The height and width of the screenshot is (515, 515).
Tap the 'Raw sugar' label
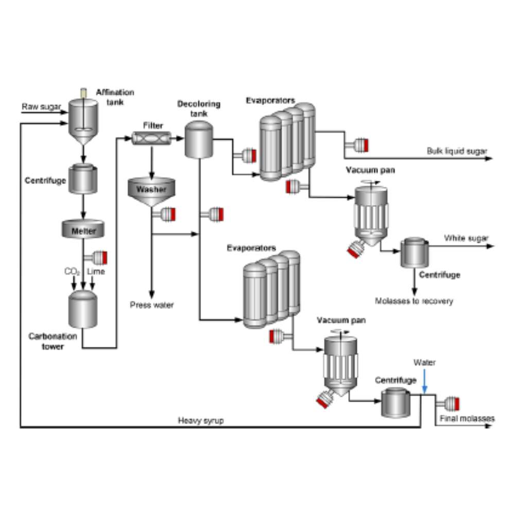click(x=41, y=107)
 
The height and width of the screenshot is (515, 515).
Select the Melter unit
click(x=83, y=230)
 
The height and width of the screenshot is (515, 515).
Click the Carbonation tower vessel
click(x=82, y=308)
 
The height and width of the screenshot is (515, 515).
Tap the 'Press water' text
click(x=152, y=305)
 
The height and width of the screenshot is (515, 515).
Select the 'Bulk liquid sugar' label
click(x=457, y=151)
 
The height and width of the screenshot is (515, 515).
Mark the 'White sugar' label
click(x=467, y=238)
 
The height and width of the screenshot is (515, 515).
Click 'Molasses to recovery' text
click(x=414, y=301)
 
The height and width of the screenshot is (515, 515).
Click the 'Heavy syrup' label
click(x=201, y=421)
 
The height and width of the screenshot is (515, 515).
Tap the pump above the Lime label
click(x=99, y=256)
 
